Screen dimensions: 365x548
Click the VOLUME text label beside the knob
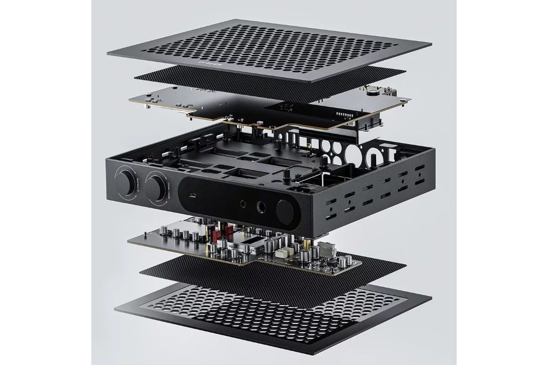pos(137,191)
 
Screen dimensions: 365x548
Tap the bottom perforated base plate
pos(274,319)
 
